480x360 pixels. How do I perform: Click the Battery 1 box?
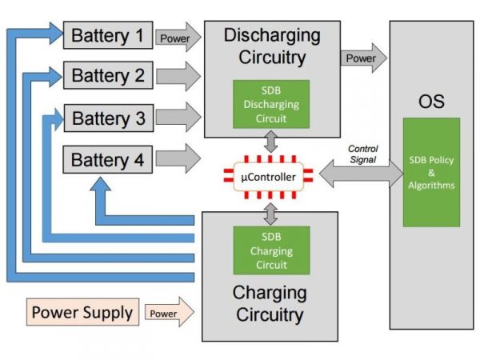point(108,36)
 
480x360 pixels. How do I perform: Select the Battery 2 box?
point(108,77)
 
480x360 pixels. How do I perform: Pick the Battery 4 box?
point(108,160)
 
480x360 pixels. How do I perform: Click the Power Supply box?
point(83,312)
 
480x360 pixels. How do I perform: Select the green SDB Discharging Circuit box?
point(270,104)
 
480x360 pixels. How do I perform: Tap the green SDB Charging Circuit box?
point(270,250)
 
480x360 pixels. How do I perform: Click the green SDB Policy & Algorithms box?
point(431,173)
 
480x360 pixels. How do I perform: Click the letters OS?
point(431,102)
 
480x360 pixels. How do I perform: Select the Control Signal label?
point(362,154)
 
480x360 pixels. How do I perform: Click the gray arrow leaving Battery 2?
point(178,78)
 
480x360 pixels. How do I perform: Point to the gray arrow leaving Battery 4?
point(178,158)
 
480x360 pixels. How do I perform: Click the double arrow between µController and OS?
point(360,174)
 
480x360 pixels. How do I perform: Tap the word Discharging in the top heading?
point(272,36)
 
